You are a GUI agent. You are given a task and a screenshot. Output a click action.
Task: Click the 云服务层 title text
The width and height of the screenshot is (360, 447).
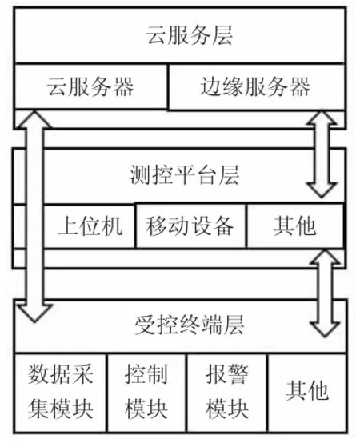pyautogui.click(x=189, y=35)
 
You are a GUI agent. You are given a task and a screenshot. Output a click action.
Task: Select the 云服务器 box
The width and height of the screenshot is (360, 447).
pyautogui.click(x=90, y=86)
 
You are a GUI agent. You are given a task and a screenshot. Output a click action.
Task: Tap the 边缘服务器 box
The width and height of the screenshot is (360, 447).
pyautogui.click(x=257, y=86)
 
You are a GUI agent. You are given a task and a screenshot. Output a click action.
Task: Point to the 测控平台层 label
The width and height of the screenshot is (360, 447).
pyautogui.click(x=185, y=175)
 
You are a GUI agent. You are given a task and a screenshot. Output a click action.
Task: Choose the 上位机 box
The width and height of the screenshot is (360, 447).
pyautogui.click(x=89, y=225)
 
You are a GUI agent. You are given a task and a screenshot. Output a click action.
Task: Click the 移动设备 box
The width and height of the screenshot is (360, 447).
pyautogui.click(x=190, y=225)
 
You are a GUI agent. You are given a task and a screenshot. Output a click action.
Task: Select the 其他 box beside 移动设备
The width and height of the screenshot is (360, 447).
pyautogui.click(x=295, y=225)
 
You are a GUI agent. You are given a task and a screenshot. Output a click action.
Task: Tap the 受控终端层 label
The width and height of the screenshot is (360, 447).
pyautogui.click(x=189, y=325)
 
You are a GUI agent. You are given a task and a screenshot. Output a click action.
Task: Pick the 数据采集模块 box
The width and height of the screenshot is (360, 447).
pyautogui.click(x=60, y=393)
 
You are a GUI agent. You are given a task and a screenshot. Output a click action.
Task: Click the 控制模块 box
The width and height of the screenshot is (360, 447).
pyautogui.click(x=146, y=393)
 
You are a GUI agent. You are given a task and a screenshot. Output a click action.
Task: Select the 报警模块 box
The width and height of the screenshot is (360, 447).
pyautogui.click(x=227, y=393)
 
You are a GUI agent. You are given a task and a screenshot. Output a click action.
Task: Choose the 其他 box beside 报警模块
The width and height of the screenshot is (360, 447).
pyautogui.click(x=307, y=393)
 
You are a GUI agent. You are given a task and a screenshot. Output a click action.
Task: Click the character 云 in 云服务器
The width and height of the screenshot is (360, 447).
pyautogui.click(x=58, y=86)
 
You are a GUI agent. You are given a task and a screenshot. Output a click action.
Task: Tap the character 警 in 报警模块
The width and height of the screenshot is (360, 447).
pyautogui.click(x=238, y=374)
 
